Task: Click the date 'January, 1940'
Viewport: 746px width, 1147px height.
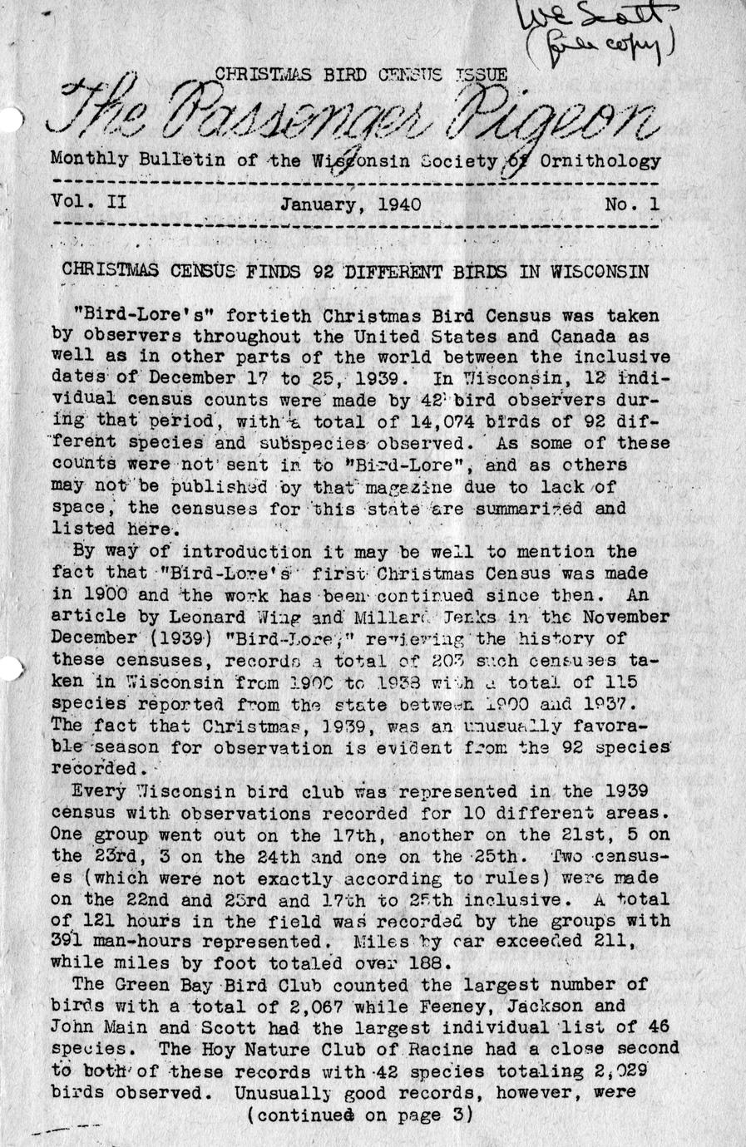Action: coord(350,204)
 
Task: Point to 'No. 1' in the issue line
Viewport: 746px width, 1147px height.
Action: coord(631,204)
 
